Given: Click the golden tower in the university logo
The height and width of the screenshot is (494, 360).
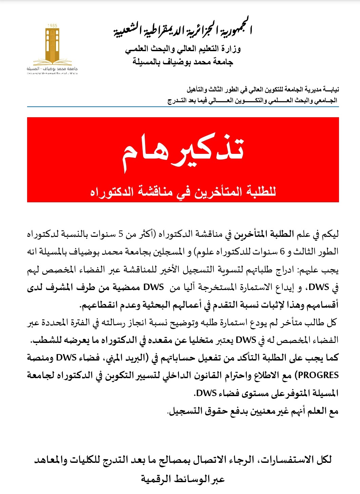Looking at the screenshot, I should [x=53, y=44].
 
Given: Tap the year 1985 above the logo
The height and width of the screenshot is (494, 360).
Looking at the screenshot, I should [x=53, y=26].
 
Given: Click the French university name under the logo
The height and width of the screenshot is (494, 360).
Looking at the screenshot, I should [x=52, y=73].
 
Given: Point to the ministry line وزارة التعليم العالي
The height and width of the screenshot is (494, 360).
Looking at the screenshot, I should [x=183, y=49].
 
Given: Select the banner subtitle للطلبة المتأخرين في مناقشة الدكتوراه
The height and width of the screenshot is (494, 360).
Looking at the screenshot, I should [x=183, y=192].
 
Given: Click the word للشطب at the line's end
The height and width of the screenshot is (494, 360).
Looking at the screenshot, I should [x=46, y=340].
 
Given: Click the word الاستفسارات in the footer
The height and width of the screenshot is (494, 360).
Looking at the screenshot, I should [x=286, y=460].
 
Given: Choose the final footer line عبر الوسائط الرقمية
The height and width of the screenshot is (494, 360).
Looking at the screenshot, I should [x=183, y=479].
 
